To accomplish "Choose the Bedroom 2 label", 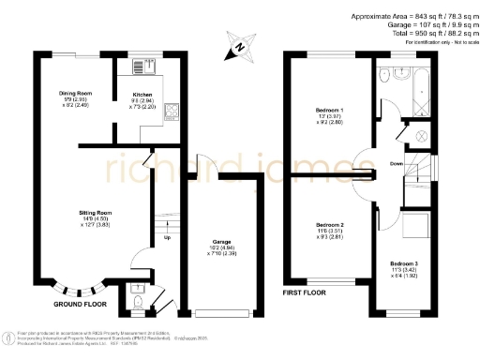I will [331, 226].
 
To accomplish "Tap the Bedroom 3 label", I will [404, 265].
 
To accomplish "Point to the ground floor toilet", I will [139, 302].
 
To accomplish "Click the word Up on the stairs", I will [167, 236].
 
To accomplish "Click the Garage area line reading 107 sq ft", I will [427, 25].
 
